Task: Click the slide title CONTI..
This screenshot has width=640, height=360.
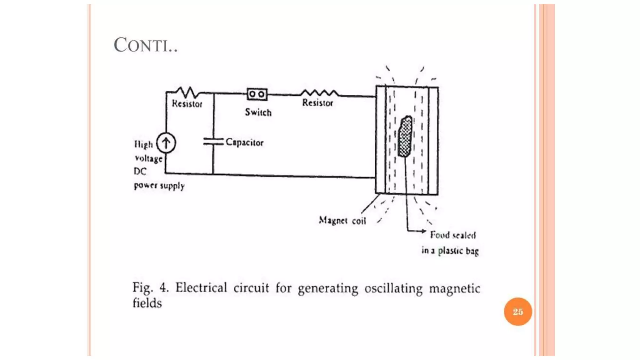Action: coord(145,45)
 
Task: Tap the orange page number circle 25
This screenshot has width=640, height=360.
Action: coord(517,312)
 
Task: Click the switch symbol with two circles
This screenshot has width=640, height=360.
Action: coord(257,94)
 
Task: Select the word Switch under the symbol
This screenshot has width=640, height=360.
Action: coord(258,112)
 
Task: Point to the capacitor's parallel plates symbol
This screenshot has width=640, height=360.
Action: coord(213,142)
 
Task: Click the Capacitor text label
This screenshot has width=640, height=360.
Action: coord(244,142)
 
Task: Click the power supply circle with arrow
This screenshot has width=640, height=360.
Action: coord(166,143)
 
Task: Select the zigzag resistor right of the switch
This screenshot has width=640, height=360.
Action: coord(319,93)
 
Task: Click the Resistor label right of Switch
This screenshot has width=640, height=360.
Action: coord(317,102)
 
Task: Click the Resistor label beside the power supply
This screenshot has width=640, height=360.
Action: coord(187,103)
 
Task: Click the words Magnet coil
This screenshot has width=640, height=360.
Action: coord(342,221)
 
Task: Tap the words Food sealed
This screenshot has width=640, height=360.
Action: coord(453,235)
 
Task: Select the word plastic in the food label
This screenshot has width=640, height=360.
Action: coord(450,251)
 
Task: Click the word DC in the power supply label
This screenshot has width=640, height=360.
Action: coord(140,171)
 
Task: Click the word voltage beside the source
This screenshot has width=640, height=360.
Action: coord(149,158)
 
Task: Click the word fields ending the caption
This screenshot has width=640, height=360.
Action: coord(147,303)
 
